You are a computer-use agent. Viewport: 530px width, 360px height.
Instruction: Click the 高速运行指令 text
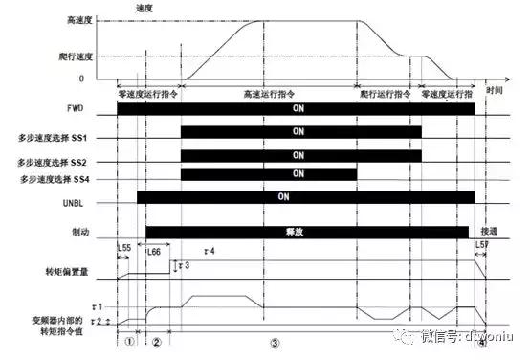(269, 95)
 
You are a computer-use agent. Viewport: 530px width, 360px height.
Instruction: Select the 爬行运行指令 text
(386, 95)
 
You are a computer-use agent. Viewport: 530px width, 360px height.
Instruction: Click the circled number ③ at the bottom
(275, 342)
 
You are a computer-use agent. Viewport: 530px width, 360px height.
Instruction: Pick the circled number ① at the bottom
(130, 342)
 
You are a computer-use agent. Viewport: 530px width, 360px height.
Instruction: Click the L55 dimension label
(123, 247)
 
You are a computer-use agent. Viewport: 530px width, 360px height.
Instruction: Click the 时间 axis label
(494, 89)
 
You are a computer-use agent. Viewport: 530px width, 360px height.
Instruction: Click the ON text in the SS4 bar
(298, 173)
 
